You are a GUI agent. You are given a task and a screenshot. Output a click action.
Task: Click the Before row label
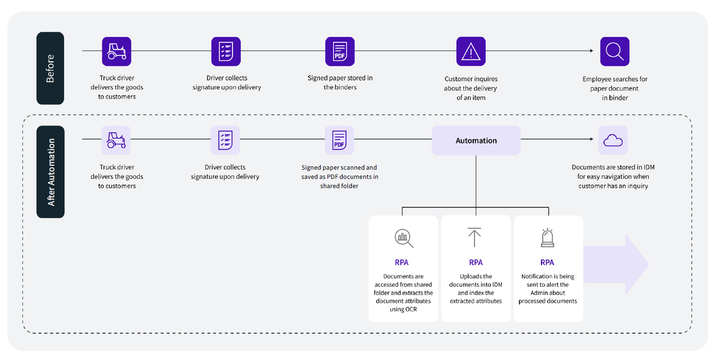(x=50, y=68)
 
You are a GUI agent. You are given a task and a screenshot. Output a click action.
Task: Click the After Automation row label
(x=50, y=172)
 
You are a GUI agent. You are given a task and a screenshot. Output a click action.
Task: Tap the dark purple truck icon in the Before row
(x=116, y=51)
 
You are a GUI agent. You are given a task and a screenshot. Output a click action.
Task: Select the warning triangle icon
(x=471, y=51)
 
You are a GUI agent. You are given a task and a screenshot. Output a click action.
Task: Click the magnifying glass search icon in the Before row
(x=614, y=51)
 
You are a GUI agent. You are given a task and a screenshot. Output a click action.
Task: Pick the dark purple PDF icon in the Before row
(x=340, y=51)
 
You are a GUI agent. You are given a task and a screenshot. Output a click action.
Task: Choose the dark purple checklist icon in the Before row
(x=226, y=51)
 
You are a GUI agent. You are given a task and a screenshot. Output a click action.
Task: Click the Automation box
(x=476, y=140)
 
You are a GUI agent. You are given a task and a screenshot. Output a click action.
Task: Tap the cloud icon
(x=613, y=140)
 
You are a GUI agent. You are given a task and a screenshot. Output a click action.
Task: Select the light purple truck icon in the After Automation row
(x=116, y=140)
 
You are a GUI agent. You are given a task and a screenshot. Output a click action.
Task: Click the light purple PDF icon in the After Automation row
(x=339, y=140)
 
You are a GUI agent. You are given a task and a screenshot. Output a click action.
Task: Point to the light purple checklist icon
(x=226, y=140)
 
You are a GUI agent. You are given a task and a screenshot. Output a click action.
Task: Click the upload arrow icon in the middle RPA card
(x=475, y=237)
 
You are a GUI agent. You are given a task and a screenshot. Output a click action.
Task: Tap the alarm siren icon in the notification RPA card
(x=547, y=238)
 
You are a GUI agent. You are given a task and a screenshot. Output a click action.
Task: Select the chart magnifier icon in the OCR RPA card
(x=404, y=238)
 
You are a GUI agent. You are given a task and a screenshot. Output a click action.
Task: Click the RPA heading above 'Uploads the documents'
(x=476, y=262)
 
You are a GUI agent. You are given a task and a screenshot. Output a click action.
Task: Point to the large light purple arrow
(x=616, y=265)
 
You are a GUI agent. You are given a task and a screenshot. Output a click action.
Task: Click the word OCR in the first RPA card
(x=411, y=309)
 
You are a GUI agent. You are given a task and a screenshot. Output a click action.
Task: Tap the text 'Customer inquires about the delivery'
(x=471, y=83)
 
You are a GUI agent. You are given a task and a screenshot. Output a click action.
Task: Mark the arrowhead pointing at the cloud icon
(x=592, y=139)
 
